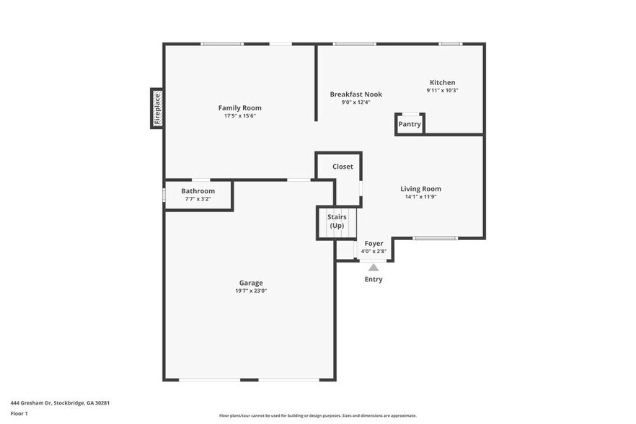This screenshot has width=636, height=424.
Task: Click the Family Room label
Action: [239, 108]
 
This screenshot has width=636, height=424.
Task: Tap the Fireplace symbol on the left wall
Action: [156, 108]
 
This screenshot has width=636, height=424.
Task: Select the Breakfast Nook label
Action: [355, 94]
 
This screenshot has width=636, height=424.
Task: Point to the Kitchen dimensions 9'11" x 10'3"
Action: [442, 91]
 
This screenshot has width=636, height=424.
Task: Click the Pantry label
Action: [410, 124]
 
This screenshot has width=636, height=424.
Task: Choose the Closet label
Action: [343, 167]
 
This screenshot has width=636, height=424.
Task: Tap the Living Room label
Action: [420, 189]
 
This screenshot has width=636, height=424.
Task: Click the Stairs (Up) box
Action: [337, 222]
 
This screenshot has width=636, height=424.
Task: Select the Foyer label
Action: [374, 244]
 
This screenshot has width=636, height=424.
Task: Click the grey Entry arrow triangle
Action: [374, 267]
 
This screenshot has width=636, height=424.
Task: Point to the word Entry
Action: [374, 279]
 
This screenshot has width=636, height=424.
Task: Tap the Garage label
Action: [251, 283]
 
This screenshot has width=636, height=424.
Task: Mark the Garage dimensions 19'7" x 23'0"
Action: [251, 291]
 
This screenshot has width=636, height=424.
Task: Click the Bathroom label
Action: [198, 191]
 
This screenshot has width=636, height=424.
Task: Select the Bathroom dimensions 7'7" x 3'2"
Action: [198, 199]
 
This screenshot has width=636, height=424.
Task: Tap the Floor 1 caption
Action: [19, 413]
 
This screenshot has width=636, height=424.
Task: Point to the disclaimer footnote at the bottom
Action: [317, 416]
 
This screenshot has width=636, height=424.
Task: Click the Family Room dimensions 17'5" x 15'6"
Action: [239, 116]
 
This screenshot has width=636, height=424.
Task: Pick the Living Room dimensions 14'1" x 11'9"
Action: [420, 197]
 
